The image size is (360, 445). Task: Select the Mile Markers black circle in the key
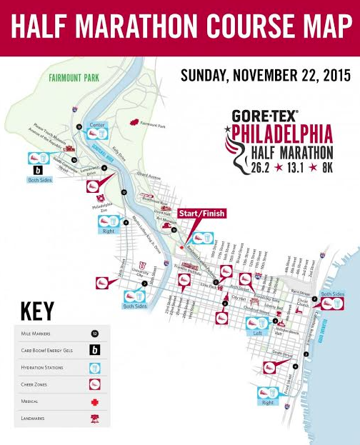coord(94,334)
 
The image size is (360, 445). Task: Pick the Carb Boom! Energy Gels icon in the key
coord(94,350)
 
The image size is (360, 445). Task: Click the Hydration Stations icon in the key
coord(94,367)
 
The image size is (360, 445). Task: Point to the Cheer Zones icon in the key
coord(94,385)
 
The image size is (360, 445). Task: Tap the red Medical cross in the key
coord(94,402)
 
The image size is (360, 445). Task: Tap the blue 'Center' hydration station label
coord(96,125)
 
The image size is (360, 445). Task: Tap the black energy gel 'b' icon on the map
coord(37,171)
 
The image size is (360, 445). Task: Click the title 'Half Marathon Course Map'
coord(180,26)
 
